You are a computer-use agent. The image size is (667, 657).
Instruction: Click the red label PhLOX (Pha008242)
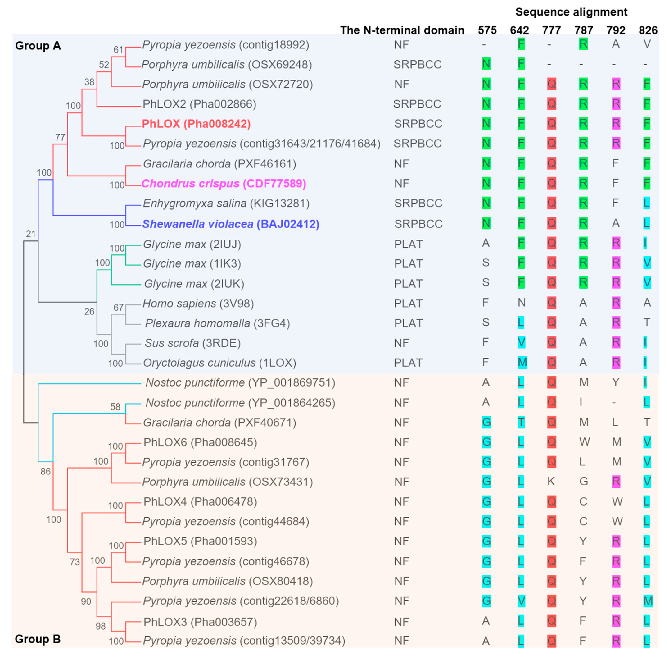click(196, 124)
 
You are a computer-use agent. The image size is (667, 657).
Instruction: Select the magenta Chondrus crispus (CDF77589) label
click(224, 183)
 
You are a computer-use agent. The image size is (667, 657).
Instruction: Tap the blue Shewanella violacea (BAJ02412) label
click(231, 224)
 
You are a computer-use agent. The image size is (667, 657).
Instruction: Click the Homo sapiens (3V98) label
click(198, 304)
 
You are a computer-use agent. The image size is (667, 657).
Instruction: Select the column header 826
click(648, 30)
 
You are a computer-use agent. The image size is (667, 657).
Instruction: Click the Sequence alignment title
click(571, 12)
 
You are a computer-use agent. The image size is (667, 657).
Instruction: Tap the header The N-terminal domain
click(402, 30)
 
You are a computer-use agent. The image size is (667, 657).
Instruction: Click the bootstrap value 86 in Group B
click(45, 471)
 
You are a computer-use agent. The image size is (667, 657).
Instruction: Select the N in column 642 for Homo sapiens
click(521, 303)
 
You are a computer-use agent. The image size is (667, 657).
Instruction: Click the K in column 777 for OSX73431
click(551, 481)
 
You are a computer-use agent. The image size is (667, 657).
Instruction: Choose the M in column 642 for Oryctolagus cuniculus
click(522, 363)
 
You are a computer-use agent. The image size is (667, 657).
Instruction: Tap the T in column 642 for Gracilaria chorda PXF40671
click(521, 422)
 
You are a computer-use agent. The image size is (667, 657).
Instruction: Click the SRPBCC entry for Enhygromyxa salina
click(418, 204)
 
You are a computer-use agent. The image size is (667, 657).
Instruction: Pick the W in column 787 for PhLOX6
click(584, 442)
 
